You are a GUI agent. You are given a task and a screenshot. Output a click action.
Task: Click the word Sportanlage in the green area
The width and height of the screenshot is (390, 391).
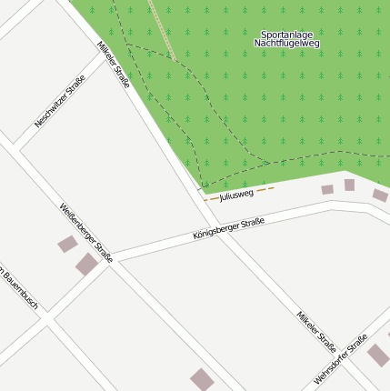coord(287,35)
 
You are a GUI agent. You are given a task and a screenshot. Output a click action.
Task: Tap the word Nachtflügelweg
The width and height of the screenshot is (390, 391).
coord(287,44)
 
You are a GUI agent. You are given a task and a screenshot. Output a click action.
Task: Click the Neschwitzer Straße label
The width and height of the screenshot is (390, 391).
coord(60,101)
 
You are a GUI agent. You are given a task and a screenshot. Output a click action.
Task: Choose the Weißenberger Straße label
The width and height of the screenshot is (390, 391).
coord(85,233)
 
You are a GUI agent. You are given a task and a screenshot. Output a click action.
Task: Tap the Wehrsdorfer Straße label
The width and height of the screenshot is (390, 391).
coord(340,360)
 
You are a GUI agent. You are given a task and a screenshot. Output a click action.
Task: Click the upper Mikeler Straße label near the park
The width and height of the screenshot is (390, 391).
coord(114,65)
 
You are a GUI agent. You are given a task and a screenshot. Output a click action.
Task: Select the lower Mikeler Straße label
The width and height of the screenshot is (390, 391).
coord(315,332)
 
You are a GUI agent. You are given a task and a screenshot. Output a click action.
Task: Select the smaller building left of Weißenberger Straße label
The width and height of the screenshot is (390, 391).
coord(67,244)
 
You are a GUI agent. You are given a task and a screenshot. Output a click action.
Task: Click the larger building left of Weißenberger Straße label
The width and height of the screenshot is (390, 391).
coord(86,264)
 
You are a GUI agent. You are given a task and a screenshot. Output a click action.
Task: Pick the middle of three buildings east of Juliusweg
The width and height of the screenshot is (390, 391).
coord(349,185)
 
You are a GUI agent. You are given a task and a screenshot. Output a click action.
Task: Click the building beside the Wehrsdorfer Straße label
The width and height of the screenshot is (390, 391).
coord(378,355)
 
